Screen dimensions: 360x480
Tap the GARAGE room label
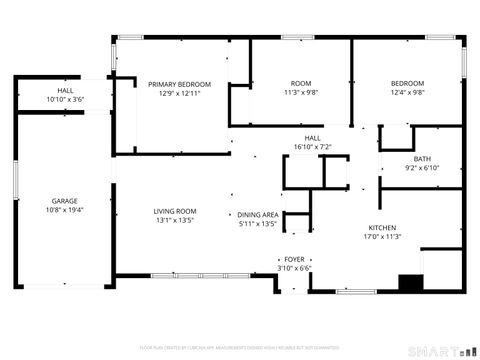[65, 201]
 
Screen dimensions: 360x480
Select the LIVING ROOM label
[175, 211]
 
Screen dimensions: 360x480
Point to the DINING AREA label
[257, 215]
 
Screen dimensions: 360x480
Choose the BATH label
[422, 159]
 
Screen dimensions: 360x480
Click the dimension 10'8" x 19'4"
[65, 211]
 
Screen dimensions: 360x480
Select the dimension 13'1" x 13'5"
[175, 221]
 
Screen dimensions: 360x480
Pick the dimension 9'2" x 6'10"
[422, 168]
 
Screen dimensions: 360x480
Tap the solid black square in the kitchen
[409, 283]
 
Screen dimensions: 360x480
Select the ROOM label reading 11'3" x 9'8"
[301, 83]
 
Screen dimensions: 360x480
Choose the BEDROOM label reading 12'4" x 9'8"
[407, 83]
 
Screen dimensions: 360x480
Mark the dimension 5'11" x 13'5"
[257, 225]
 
